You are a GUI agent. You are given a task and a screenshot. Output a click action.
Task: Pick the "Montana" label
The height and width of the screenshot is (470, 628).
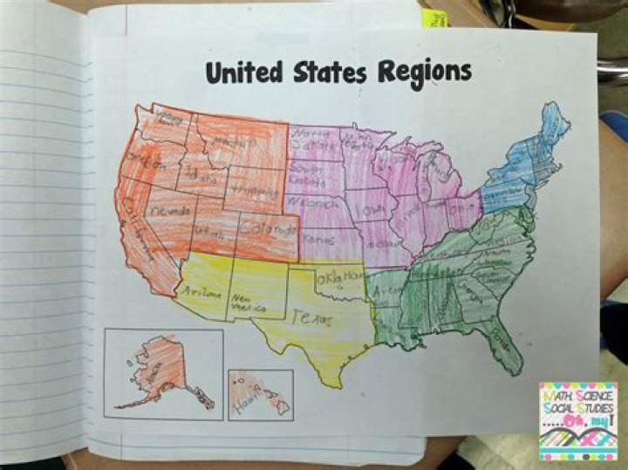[238, 140]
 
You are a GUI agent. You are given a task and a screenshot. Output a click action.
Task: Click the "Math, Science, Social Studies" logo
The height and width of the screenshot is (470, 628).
[577, 419]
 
